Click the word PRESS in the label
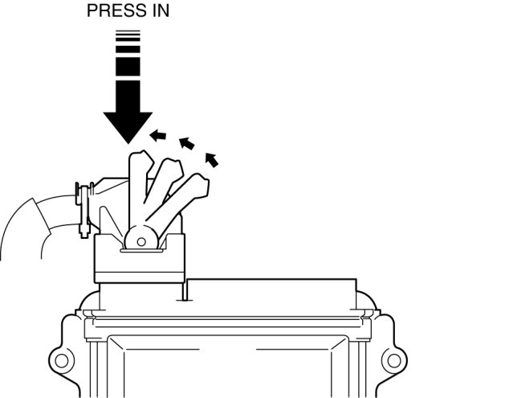(x=108, y=12)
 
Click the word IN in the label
(x=159, y=12)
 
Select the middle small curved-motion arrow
(x=186, y=145)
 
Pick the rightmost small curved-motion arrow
(x=212, y=158)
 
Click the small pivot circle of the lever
(x=141, y=239)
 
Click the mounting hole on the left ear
(x=59, y=356)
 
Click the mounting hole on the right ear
(x=391, y=356)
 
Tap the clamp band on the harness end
(x=80, y=211)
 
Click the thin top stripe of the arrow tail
(x=128, y=32)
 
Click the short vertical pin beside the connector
(x=185, y=290)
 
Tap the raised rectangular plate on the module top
(x=273, y=293)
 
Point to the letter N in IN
(x=163, y=12)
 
